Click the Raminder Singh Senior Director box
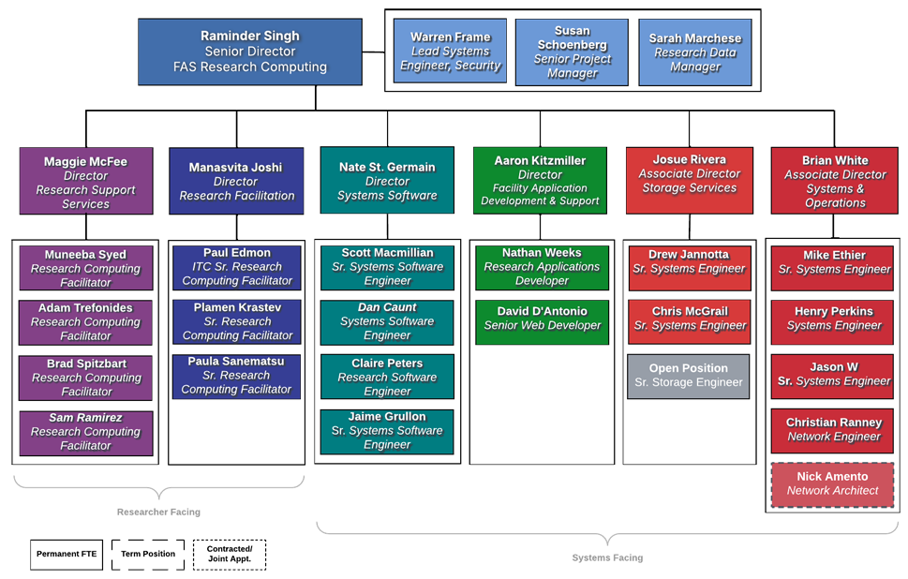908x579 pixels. click(x=249, y=52)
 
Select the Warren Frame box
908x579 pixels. click(x=451, y=52)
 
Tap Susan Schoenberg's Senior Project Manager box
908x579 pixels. click(x=572, y=52)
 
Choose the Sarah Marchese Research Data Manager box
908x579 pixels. click(x=695, y=52)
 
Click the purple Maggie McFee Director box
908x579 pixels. click(x=86, y=181)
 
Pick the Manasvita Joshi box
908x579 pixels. click(x=236, y=181)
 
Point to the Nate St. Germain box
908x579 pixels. click(x=387, y=181)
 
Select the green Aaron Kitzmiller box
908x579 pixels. click(x=540, y=180)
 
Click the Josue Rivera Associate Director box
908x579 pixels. click(x=689, y=180)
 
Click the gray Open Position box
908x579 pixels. click(x=689, y=375)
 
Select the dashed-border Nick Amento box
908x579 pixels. click(x=833, y=483)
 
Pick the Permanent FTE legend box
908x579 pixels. click(x=71, y=555)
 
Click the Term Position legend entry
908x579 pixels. click(x=148, y=555)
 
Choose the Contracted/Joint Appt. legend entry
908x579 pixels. click(x=230, y=555)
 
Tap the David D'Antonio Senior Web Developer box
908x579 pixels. click(x=542, y=319)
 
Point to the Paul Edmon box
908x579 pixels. click(x=237, y=267)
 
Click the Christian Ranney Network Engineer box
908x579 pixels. click(x=833, y=430)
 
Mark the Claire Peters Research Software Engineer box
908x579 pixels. click(x=387, y=377)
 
